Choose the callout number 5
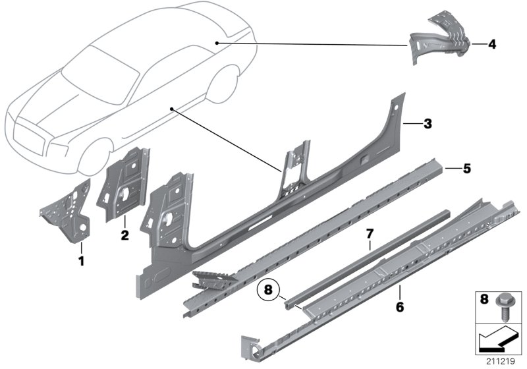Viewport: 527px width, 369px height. point(466,169)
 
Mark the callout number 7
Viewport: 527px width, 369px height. point(370,233)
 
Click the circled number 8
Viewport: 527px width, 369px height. point(267,289)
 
